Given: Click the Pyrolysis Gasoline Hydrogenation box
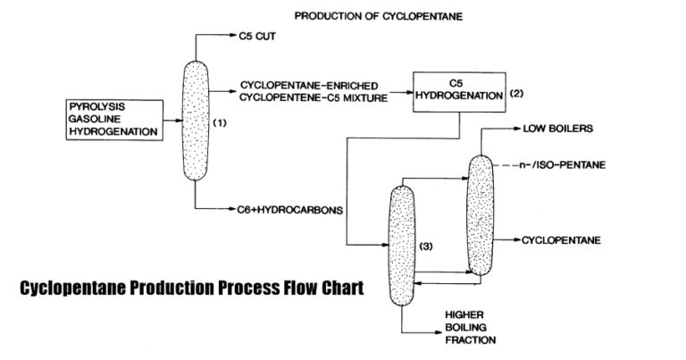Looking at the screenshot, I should (113, 119).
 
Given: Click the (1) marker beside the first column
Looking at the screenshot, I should (219, 124).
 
